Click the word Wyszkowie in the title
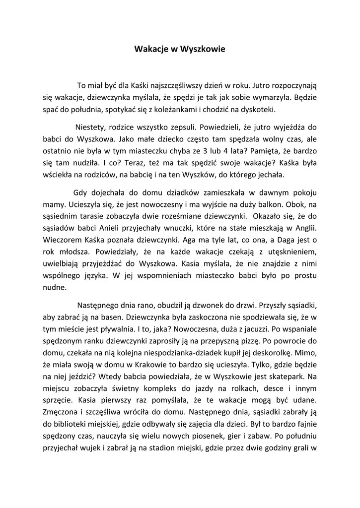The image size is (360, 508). (x=203, y=49)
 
